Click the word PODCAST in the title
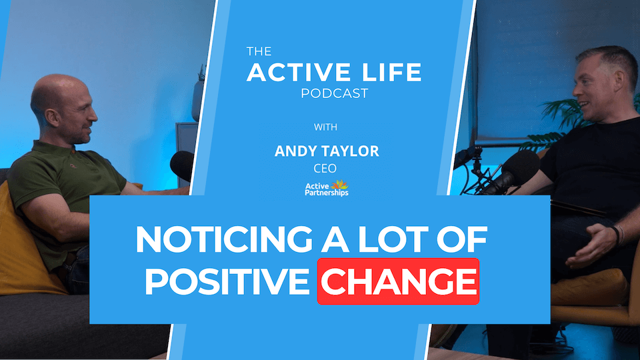pyautogui.click(x=334, y=93)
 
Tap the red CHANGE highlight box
pyautogui.click(x=398, y=281)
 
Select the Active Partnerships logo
pyautogui.click(x=327, y=188)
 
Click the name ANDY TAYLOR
pyautogui.click(x=327, y=151)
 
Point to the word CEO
pyautogui.click(x=325, y=168)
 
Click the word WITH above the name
pyautogui.click(x=325, y=127)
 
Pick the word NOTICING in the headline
pyautogui.click(x=224, y=239)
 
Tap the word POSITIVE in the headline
pyautogui.click(x=227, y=281)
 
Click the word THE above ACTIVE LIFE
pyautogui.click(x=259, y=51)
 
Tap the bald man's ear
pyautogui.click(x=52, y=118)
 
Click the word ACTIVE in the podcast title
pyautogui.click(x=299, y=72)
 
